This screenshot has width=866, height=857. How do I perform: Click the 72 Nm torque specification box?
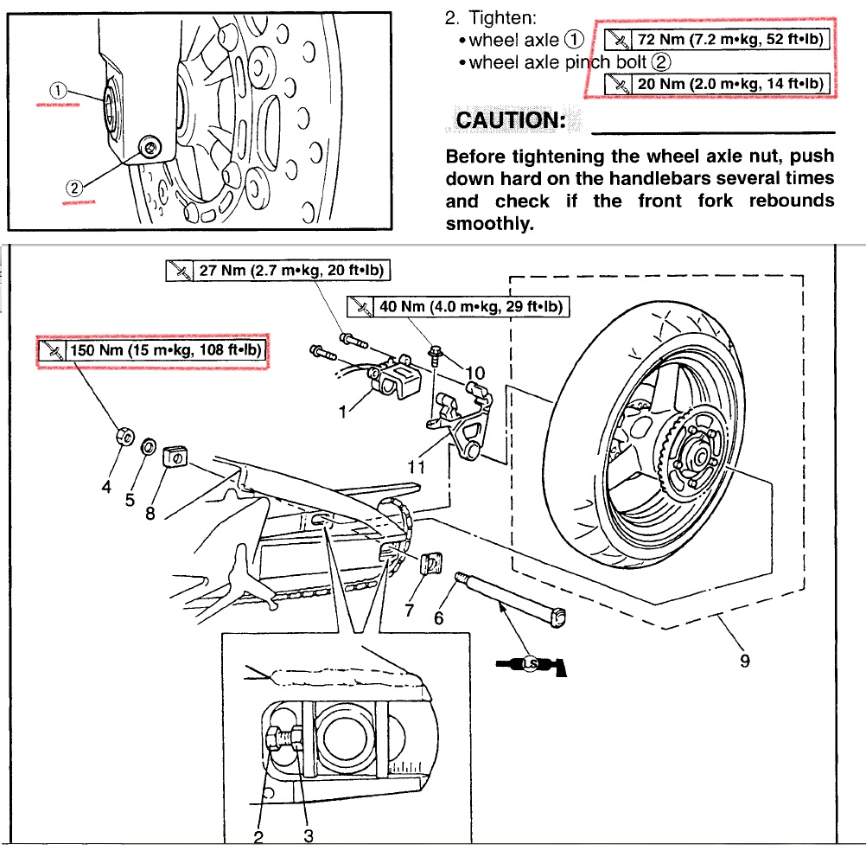pos(716,40)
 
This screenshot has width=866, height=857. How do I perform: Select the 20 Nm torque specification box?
pos(716,83)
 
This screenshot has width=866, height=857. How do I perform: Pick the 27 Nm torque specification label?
pos(278,271)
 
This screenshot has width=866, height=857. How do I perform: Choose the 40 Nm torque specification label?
pos(459,306)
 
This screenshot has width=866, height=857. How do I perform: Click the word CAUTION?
pos(510,119)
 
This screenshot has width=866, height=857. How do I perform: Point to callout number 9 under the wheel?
pos(744,661)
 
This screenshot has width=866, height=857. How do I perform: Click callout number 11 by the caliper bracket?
pos(417,466)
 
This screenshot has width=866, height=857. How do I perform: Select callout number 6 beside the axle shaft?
pos(438,617)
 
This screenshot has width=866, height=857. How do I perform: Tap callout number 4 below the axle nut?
pos(106,487)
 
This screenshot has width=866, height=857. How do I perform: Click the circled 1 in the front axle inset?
pos(57,89)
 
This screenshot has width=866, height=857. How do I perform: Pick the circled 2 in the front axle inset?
pos(75,187)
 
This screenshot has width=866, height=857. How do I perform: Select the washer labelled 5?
pos(148,446)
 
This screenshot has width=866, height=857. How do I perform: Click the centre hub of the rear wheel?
pos(696,451)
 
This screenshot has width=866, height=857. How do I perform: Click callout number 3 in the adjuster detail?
pos(308,835)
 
